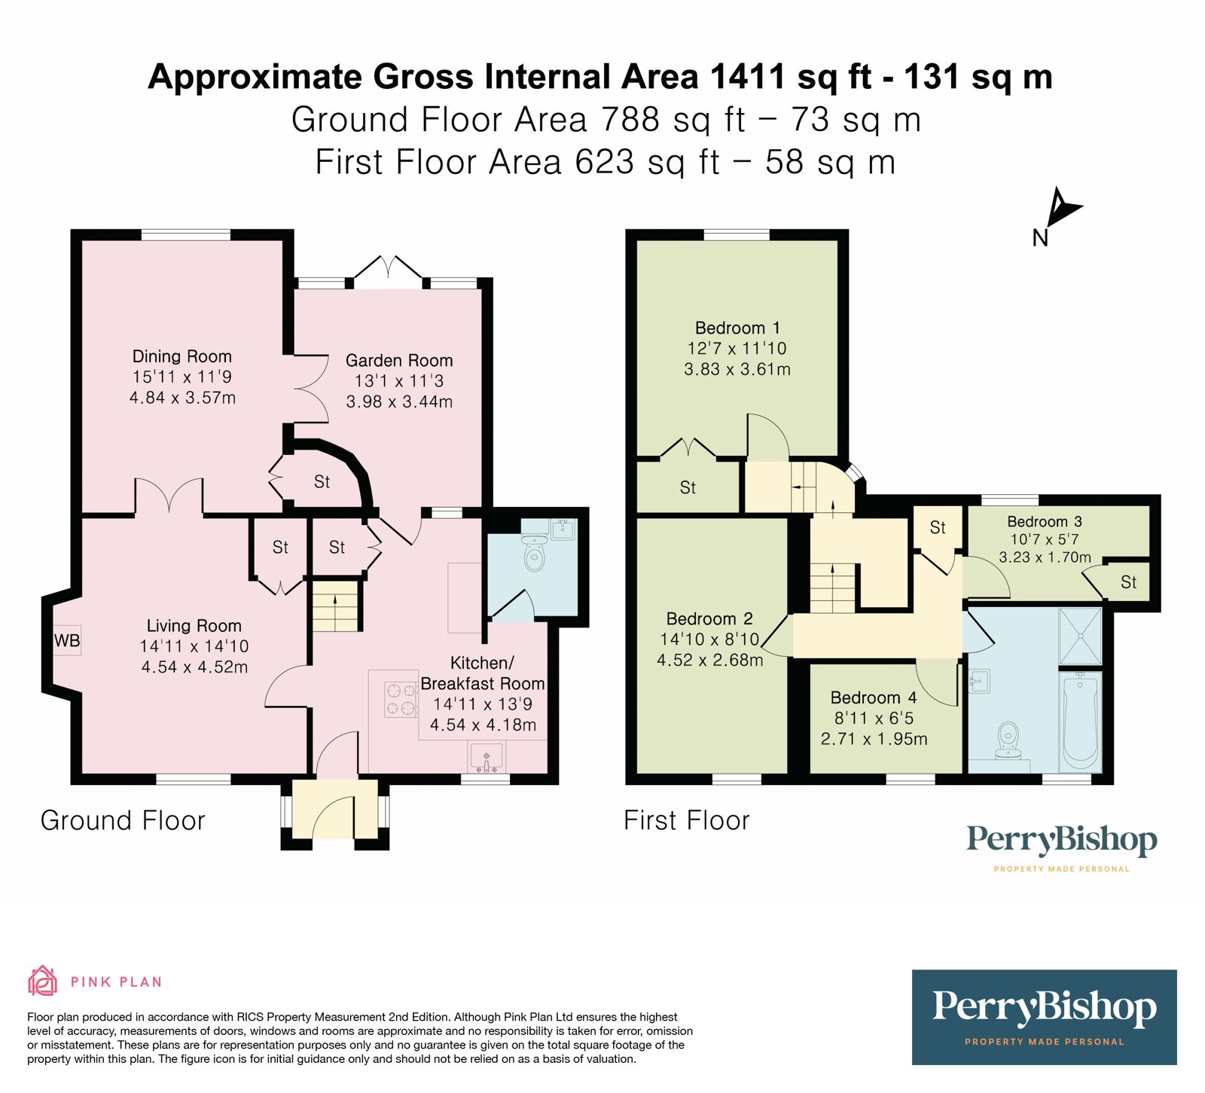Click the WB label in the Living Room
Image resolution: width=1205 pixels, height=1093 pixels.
[66, 641]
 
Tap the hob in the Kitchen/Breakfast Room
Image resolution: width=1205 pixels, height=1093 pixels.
[401, 699]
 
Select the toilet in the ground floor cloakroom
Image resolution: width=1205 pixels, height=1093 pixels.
[534, 554]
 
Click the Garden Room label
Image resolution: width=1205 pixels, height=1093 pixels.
[399, 361]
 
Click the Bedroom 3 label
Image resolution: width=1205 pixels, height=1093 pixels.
[1045, 522]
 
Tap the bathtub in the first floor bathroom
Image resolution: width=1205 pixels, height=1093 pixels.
[1081, 722]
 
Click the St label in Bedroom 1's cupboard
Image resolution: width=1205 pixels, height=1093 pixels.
[688, 488]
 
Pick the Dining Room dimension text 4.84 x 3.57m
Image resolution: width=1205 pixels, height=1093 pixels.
[182, 398]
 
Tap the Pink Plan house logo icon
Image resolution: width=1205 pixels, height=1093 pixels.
[42, 981]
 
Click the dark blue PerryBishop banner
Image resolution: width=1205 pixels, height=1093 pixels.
[1044, 1016]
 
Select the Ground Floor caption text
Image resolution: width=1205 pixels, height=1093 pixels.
[123, 820]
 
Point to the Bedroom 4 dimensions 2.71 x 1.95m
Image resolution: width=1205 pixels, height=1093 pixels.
[874, 739]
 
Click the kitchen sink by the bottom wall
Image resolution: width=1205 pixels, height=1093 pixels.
[487, 756]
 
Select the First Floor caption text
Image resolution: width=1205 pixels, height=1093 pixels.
[686, 820]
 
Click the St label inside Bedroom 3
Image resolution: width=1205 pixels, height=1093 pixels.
[1128, 582]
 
